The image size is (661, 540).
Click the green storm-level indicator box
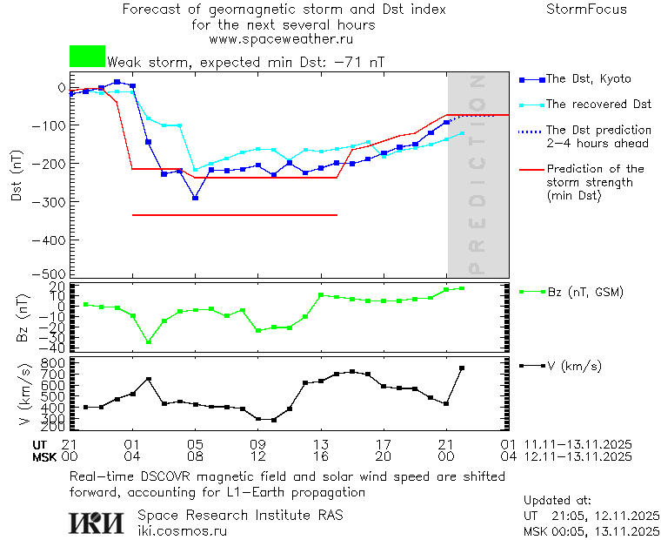(87, 57)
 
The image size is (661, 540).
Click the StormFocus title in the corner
(586, 10)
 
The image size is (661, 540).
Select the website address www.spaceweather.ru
(281, 39)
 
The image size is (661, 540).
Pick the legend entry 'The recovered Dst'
(598, 105)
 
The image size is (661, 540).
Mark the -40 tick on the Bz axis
(54, 348)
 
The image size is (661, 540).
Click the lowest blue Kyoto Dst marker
(195, 198)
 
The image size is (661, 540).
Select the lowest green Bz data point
(149, 342)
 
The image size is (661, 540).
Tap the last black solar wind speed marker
(462, 368)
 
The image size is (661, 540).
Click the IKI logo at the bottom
(98, 523)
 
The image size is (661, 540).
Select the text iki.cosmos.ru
(182, 530)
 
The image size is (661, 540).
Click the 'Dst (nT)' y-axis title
(17, 175)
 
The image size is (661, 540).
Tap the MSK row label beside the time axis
(43, 456)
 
